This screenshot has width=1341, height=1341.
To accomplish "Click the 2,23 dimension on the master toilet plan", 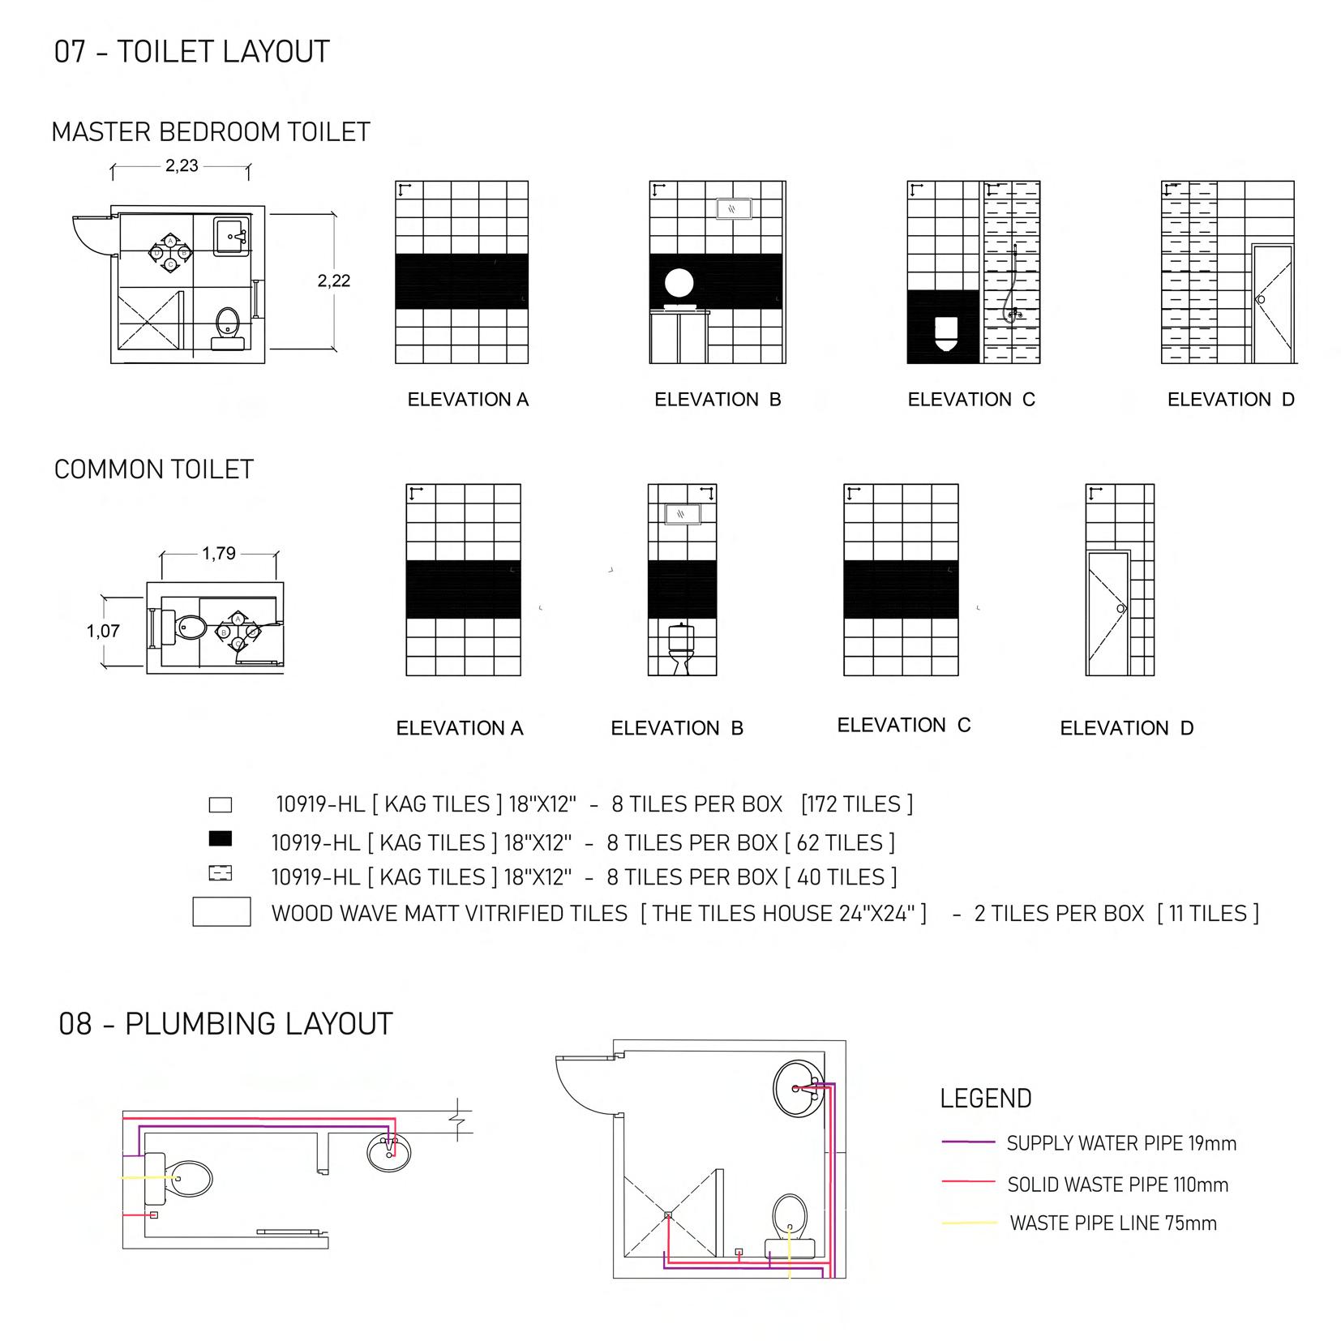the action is pyautogui.click(x=182, y=166).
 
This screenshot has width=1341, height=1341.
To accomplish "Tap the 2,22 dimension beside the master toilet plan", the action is pyautogui.click(x=334, y=281).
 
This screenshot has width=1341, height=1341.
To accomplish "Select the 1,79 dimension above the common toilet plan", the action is pyautogui.click(x=219, y=554).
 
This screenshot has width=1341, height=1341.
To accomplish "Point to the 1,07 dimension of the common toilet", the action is pyautogui.click(x=103, y=631).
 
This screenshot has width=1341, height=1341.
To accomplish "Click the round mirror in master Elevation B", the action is pyautogui.click(x=679, y=284).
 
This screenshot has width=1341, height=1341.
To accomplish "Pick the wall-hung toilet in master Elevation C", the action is pyautogui.click(x=945, y=332).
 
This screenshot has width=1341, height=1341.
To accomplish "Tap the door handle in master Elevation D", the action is pyautogui.click(x=1260, y=299).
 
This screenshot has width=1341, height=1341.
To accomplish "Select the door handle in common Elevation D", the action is pyautogui.click(x=1121, y=608).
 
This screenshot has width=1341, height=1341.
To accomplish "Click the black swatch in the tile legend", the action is pyautogui.click(x=220, y=838).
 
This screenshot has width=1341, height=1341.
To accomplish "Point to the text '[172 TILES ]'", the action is pyautogui.click(x=856, y=804).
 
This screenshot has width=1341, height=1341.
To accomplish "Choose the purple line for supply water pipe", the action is pyautogui.click(x=968, y=1142).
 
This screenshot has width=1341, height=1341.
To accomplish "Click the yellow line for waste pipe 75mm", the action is pyautogui.click(x=968, y=1223).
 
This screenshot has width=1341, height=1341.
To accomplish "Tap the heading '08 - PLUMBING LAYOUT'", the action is pyautogui.click(x=225, y=1024).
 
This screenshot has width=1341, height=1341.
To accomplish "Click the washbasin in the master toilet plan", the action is pyautogui.click(x=232, y=236).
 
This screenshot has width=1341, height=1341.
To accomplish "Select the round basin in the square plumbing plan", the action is pyautogui.click(x=801, y=1089).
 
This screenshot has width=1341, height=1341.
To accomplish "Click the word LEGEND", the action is pyautogui.click(x=986, y=1099).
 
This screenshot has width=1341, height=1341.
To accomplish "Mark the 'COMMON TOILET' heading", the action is pyautogui.click(x=154, y=469).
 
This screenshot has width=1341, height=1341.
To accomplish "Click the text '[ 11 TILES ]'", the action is pyautogui.click(x=1208, y=914).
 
